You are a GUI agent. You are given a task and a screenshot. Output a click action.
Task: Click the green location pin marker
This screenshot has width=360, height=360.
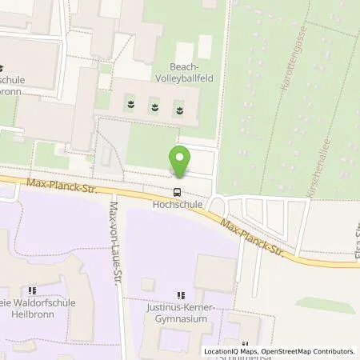pyautogui.click(x=179, y=160)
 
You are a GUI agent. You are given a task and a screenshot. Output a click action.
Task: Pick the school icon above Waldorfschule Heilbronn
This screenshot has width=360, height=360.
pyautogui.click(x=32, y=290)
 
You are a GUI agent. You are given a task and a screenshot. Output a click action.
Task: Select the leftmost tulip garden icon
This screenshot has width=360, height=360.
pyautogui.click(x=130, y=103)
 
